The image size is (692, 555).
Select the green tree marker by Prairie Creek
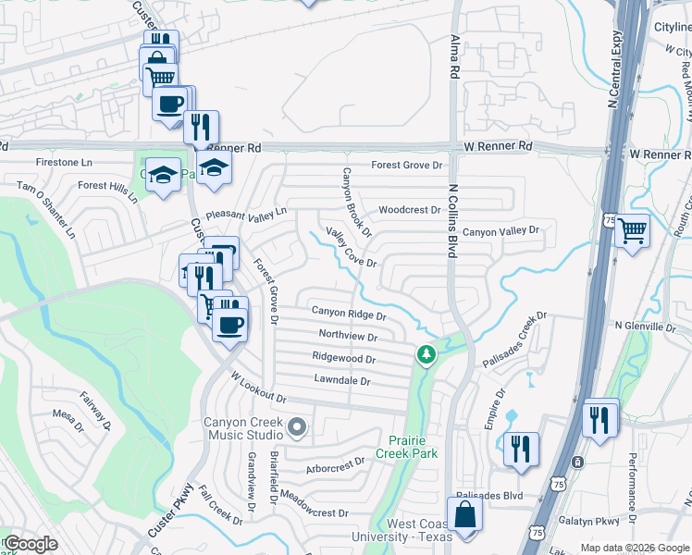(426, 353)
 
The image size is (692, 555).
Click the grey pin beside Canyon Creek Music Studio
(297, 427)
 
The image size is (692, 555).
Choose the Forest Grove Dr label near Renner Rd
(408, 166)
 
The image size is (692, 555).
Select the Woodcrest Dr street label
(410, 210)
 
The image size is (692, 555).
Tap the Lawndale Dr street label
(342, 380)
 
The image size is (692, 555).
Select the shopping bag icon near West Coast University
(464, 514)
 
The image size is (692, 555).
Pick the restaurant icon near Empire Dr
(520, 450)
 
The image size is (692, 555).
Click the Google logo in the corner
(31, 544)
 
